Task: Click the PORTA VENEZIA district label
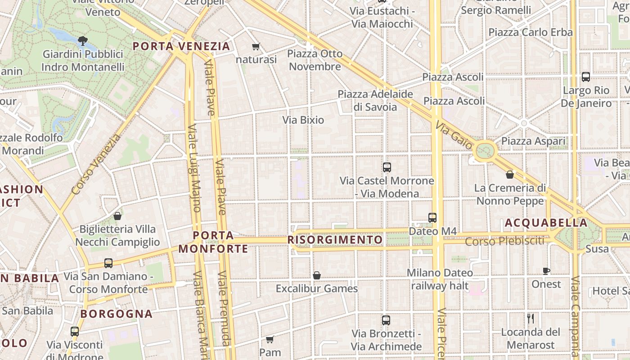181,46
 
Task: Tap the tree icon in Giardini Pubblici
82,41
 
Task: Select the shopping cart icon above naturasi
256,46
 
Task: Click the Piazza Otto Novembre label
315,60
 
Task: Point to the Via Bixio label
303,120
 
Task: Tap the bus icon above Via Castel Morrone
387,167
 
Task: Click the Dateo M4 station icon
432,218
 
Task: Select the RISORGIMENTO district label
335,240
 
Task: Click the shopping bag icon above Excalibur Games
317,275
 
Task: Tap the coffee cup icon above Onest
546,271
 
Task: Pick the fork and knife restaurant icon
531,319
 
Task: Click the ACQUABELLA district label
546,223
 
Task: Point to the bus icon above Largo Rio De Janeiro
585,77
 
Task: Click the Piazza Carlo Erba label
530,32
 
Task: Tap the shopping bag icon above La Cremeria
510,175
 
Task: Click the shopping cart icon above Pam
270,339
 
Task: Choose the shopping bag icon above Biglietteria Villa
117,216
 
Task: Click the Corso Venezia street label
96,164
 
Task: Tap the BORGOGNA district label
117,314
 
